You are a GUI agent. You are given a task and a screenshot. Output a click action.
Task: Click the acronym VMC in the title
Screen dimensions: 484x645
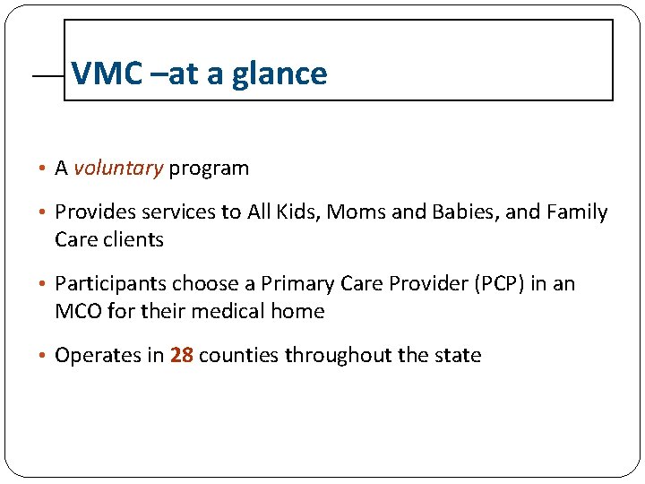(107, 73)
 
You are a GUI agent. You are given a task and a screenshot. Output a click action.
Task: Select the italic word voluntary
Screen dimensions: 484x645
(118, 168)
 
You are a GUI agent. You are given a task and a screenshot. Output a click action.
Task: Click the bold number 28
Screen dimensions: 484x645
(182, 355)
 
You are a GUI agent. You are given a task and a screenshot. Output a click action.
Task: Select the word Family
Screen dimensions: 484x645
(578, 212)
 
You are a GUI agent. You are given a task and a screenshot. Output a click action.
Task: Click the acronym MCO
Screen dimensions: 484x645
(78, 311)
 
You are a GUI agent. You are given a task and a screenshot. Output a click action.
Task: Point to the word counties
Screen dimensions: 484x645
(239, 355)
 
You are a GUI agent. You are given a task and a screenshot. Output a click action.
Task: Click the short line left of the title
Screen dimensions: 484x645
(47, 78)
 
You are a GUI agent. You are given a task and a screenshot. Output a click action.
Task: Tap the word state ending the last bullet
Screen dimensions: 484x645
(458, 355)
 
